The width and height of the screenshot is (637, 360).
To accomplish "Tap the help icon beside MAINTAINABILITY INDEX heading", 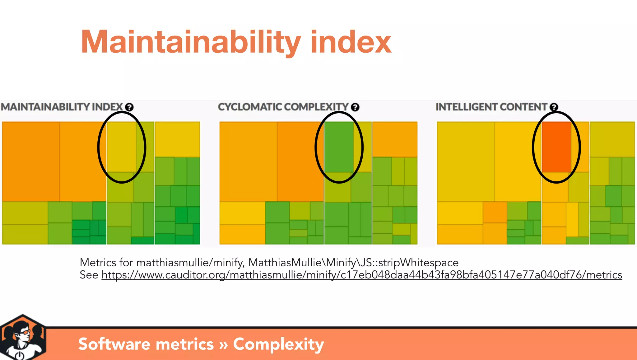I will [x=129, y=107].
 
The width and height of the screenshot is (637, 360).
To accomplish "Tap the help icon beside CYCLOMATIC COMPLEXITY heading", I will [x=355, y=107].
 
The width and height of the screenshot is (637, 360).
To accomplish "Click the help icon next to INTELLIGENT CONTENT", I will [x=554, y=107].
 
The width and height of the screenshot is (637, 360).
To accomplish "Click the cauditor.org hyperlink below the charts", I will [x=361, y=275].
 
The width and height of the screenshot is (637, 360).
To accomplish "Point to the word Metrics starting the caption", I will [x=98, y=263].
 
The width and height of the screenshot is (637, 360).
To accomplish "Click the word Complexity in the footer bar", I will [x=278, y=344].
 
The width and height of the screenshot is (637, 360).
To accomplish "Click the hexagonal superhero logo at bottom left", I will [x=23, y=338].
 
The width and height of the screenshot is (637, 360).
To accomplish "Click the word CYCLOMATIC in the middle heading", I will [x=250, y=107].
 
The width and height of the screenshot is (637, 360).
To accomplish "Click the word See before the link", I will [x=89, y=275].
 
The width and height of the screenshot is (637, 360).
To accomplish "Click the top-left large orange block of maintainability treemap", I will [x=31, y=161].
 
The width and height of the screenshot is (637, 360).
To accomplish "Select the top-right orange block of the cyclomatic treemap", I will [x=395, y=139].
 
